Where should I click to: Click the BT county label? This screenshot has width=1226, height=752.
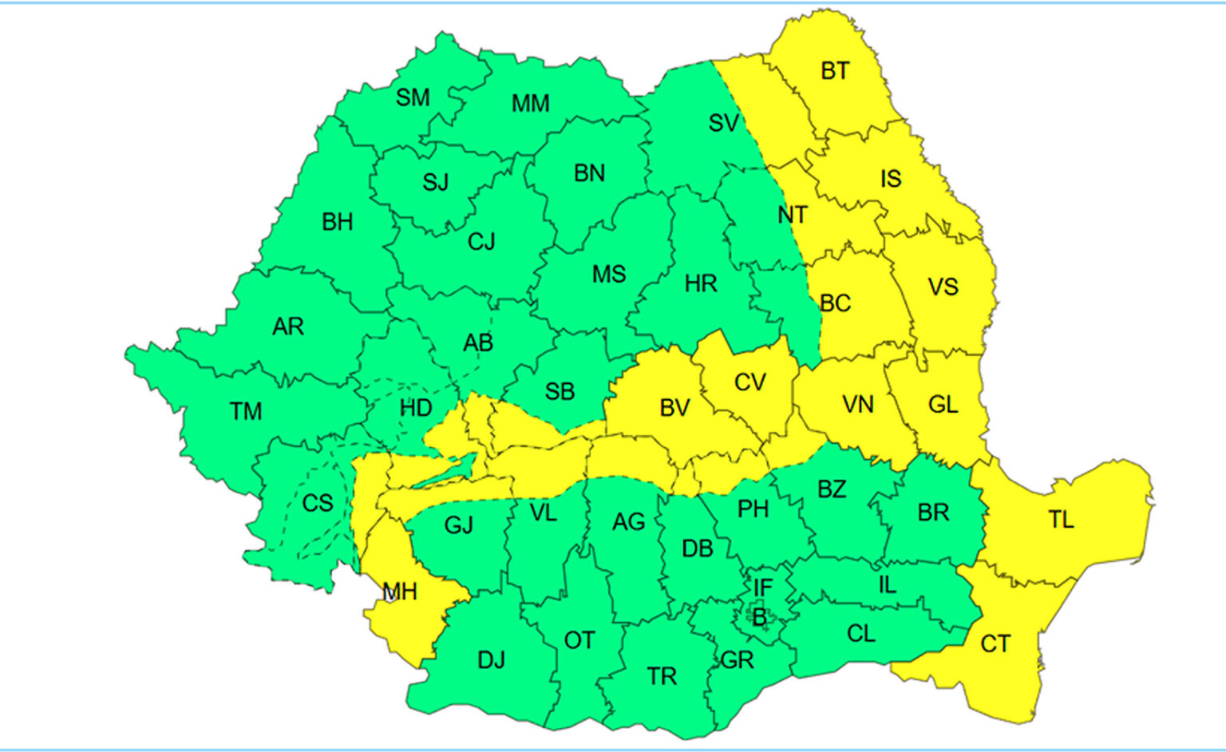point(835,71)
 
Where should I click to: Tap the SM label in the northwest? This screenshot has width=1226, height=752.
point(413,97)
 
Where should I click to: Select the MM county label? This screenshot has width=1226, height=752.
point(531,104)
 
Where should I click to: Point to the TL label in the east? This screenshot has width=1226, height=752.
point(1061,520)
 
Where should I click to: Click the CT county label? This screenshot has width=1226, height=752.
point(995,643)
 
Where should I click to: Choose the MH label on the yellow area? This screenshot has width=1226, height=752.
point(399,592)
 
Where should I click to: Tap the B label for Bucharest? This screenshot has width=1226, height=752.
point(760,617)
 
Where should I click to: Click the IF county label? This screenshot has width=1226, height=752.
point(763,588)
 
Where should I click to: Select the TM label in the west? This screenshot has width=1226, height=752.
point(246,411)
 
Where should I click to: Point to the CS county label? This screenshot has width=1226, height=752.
point(317,503)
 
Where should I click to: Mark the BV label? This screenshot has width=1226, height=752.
point(674,408)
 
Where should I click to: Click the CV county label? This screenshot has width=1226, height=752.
point(749,382)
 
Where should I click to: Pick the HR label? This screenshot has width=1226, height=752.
point(701,283)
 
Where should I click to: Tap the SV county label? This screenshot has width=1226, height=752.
point(724,123)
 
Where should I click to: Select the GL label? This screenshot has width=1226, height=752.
point(943,405)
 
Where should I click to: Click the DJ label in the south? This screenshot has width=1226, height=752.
point(491,660)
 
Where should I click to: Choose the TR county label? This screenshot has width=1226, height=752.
point(662,676)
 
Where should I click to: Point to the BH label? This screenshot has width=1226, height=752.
point(338,222)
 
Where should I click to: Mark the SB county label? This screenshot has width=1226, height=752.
point(560,392)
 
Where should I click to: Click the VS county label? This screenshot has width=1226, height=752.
point(943,287)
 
